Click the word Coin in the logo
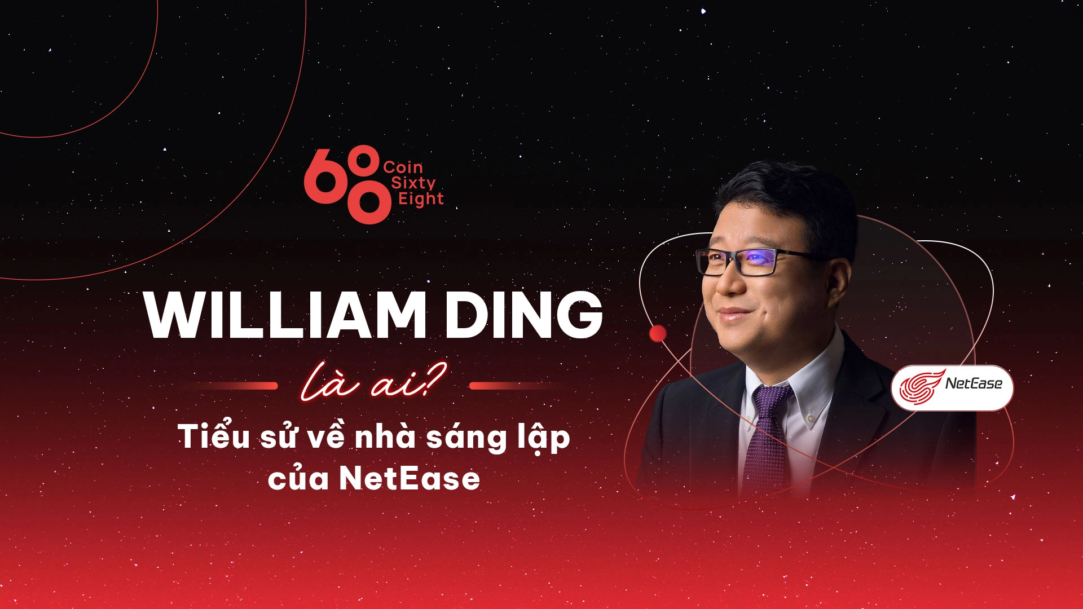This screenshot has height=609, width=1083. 403,167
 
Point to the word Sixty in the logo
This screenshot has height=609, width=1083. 413,183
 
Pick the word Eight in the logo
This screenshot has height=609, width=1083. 421,199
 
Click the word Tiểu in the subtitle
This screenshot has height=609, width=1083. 214,436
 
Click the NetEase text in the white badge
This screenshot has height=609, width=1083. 974,384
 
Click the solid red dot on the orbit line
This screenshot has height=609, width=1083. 658,334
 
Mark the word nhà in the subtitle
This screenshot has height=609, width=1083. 386,438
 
